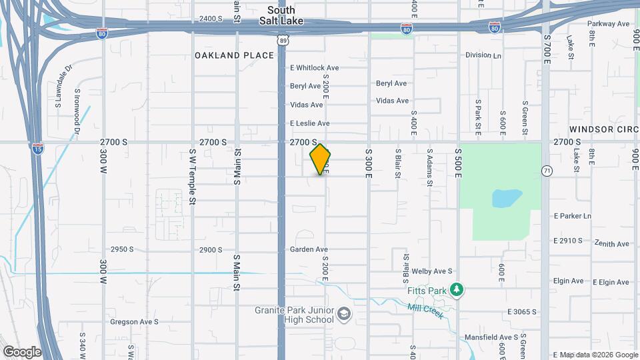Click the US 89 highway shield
283,41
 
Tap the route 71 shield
547,171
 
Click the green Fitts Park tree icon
457,289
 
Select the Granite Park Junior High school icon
343,313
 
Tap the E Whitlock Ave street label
315,68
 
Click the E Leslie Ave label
309,123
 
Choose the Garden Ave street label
306,249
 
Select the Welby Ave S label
433,271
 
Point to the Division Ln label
483,55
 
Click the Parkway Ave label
609,24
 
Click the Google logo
22,351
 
